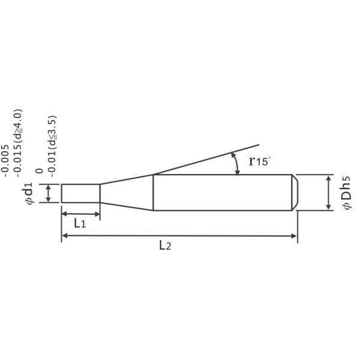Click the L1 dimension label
[x=80, y=223]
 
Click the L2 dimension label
[x=165, y=245]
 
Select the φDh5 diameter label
[x=346, y=193]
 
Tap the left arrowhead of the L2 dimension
[x=65, y=236]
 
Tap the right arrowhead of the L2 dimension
[x=294, y=236]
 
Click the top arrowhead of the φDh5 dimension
[x=328, y=178]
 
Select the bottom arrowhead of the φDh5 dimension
[x=328, y=207]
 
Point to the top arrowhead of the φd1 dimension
[x=47, y=187]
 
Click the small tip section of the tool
[x=80, y=193]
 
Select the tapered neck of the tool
[x=126, y=192]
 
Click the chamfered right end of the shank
[x=295, y=193]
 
